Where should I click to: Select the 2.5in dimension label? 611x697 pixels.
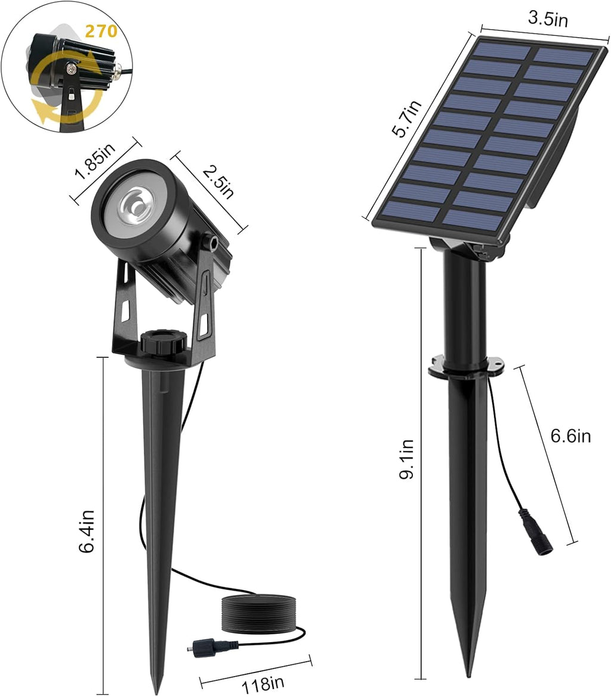(x=218, y=181)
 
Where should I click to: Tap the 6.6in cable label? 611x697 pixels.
(x=570, y=436)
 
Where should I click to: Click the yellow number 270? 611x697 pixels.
(x=101, y=31)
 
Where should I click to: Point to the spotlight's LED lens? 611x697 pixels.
(x=133, y=207)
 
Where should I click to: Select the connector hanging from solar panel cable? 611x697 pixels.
(x=535, y=532)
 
